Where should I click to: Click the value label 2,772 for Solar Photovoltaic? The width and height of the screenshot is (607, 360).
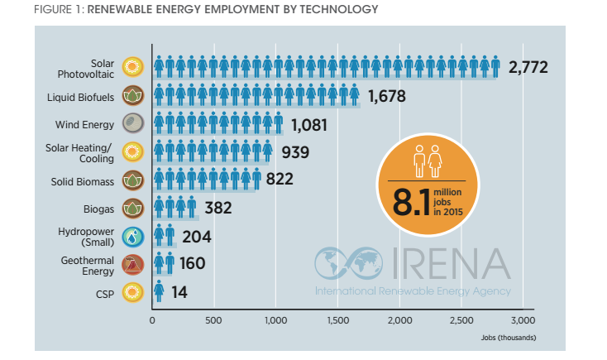tap(529, 67)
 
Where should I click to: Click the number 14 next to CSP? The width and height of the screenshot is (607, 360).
tap(179, 292)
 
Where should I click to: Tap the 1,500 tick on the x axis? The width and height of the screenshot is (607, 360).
tap(338, 320)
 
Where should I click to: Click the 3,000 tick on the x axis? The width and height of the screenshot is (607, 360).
tap(523, 320)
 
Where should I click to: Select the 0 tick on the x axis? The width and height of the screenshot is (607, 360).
tap(152, 320)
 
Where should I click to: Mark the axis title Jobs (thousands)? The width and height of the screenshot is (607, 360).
tap(508, 338)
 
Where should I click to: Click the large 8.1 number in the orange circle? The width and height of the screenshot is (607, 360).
tap(413, 203)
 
